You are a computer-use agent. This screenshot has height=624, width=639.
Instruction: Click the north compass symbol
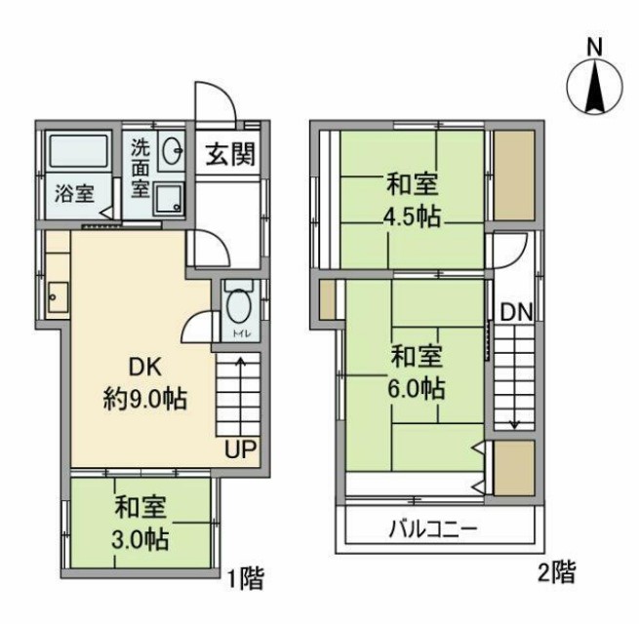(x=593, y=82)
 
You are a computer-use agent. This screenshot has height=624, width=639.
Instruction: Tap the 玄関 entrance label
(x=230, y=155)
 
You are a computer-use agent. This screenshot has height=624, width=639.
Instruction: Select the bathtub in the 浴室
(x=78, y=152)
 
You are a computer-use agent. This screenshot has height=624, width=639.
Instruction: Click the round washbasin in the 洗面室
(x=174, y=151)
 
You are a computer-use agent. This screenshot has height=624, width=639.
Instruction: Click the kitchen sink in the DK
(x=56, y=296)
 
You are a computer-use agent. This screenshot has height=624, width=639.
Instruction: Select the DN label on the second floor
(x=515, y=313)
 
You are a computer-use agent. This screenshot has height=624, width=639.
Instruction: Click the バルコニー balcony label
(x=433, y=531)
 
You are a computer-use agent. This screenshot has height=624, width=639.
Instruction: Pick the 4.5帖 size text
(x=411, y=215)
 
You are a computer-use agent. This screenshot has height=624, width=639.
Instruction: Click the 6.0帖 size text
(x=417, y=388)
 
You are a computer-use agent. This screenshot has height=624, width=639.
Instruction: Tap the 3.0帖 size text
(x=140, y=539)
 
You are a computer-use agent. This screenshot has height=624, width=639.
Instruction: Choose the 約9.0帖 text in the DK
(x=145, y=399)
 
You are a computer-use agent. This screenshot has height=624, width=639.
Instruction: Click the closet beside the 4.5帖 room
(x=513, y=175)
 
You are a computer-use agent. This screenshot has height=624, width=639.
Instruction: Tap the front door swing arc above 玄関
(x=215, y=101)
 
